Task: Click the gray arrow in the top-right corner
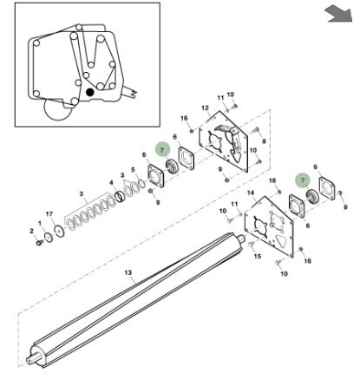[339, 15]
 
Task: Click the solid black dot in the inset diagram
[90, 92]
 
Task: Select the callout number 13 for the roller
[128, 272]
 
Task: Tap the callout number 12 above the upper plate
[205, 108]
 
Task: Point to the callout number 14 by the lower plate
[251, 193]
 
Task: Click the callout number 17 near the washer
[49, 214]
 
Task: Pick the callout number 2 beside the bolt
[31, 231]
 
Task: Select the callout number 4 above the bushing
[111, 183]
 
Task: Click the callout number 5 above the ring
[133, 170]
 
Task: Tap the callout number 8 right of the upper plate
[264, 141]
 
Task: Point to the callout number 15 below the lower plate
[258, 256]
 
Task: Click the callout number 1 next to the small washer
[40, 223]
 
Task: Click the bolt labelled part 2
[39, 243]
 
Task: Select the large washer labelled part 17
[60, 231]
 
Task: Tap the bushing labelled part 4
[120, 197]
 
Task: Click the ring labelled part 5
[141, 184]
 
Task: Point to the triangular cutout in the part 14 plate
[279, 240]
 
